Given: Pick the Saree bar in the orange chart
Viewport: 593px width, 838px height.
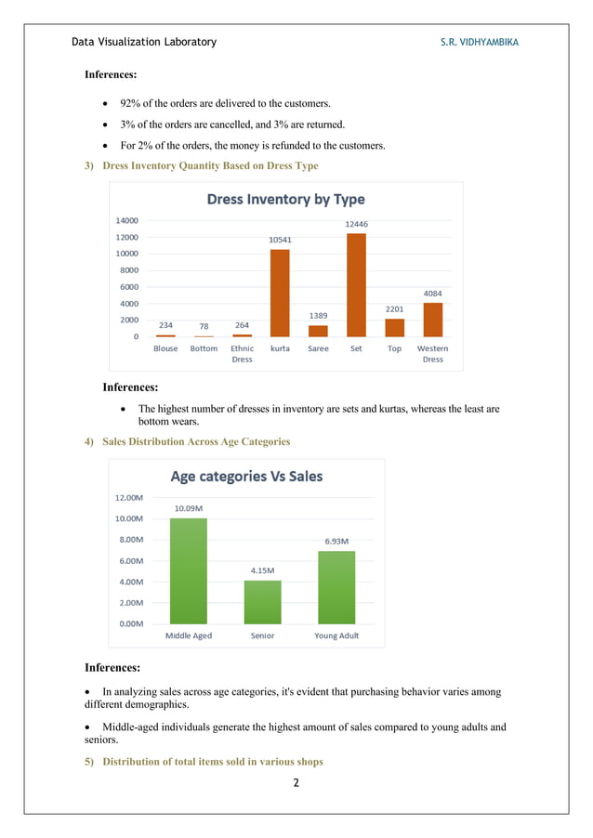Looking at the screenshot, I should click(318, 331).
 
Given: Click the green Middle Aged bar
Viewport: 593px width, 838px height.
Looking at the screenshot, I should click(188, 570).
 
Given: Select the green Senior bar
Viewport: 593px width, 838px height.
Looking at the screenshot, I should click(262, 602).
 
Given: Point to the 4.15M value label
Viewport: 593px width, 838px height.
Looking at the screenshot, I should click(262, 570).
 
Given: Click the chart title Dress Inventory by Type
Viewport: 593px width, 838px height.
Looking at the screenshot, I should click(285, 199).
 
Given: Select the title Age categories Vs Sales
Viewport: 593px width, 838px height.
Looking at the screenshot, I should click(246, 477).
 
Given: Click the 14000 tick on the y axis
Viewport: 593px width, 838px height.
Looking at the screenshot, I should click(126, 221).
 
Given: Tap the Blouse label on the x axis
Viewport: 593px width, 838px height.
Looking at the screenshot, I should click(165, 349).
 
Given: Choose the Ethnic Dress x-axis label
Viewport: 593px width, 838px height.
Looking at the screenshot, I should click(242, 354).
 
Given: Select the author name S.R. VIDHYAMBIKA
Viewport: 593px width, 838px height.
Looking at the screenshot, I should click(480, 42).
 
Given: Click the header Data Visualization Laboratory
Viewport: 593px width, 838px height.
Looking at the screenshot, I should click(144, 42).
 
